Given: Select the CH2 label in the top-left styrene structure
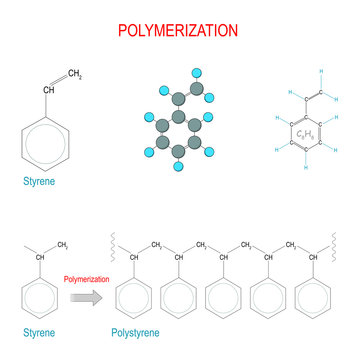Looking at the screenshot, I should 75,73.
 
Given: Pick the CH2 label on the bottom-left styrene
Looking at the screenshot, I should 62,243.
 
